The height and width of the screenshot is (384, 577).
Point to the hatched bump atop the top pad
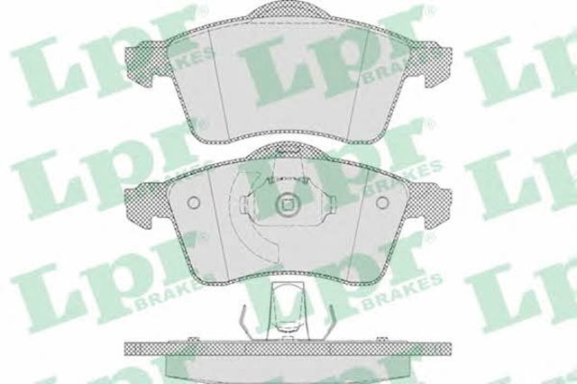pyautogui.click(x=288, y=11)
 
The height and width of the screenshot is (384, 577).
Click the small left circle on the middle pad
pyautogui.click(x=193, y=202)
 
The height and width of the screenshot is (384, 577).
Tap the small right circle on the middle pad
pyautogui.click(x=382, y=202)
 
